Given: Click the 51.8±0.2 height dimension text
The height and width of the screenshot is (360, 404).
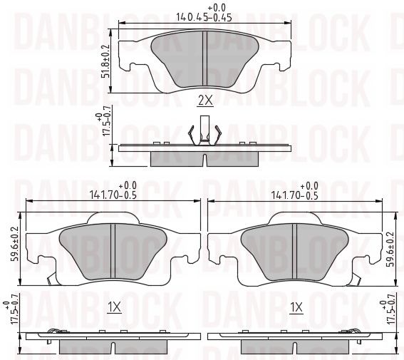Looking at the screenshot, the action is coord(105,61).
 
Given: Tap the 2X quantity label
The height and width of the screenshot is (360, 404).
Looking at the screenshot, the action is coord(205,101).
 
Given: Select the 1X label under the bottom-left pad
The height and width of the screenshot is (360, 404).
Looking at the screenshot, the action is coord(115,307).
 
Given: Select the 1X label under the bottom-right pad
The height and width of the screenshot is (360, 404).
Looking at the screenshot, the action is coord(296,308).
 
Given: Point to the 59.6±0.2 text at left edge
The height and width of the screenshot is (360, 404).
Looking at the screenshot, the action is coord(15,244).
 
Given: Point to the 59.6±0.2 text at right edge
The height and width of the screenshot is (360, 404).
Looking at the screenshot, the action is coord(391,250).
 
